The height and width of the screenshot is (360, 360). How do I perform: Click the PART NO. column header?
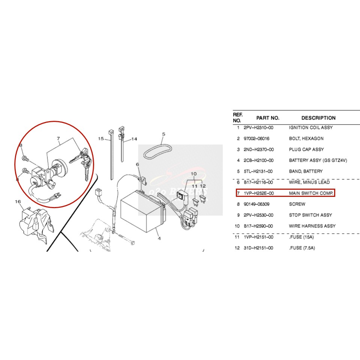tap(268, 118)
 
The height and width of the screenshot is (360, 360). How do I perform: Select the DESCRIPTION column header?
tap(318, 118)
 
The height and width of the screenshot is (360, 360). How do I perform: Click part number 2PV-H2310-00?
tap(258, 127)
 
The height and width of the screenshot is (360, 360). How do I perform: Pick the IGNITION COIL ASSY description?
tap(310, 127)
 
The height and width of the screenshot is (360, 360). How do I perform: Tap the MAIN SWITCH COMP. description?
tap(311, 193)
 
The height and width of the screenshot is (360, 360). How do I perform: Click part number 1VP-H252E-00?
tap(258, 193)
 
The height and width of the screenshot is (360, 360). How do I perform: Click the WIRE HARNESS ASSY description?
tap(312, 226)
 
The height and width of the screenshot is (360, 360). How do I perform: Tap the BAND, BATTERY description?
tap(306, 171)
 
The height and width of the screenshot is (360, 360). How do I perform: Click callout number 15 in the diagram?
tap(101, 139)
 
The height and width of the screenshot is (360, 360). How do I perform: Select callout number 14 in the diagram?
tap(134, 139)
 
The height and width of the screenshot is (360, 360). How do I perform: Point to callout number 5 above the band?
tap(163, 134)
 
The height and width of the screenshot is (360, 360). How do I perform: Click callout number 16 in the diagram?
tap(18, 202)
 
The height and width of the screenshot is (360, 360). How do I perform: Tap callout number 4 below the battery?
tap(159, 238)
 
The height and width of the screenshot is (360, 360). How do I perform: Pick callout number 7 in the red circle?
tap(58, 139)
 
